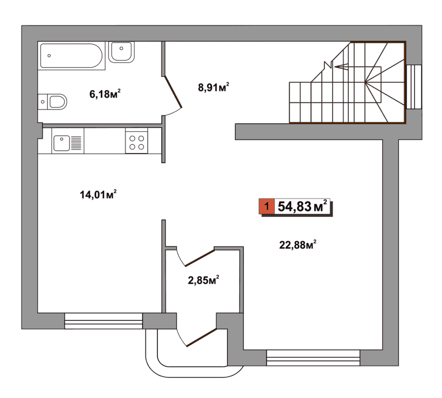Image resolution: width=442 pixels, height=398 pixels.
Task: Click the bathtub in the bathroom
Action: coord(72,56)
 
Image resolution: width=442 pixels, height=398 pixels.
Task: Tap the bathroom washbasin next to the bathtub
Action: coord(121,52)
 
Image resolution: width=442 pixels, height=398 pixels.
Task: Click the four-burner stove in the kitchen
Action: coord(137,143)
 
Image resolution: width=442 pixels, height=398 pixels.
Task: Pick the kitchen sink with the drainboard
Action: coord(68,143)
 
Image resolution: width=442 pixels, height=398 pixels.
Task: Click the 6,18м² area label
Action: coord(105,94)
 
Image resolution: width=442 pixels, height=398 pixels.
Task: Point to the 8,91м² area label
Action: coord(213,87)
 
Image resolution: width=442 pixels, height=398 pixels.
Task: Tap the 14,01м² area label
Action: coord(98,194)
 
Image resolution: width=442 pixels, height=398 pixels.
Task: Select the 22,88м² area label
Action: coord(298,245)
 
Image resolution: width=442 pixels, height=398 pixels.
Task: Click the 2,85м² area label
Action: coord(204,280)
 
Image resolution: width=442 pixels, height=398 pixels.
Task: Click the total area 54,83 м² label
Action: coord(303,206)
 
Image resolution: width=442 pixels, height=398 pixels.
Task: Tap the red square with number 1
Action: coord(266,206)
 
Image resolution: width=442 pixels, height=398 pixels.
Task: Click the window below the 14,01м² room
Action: coord(104,321)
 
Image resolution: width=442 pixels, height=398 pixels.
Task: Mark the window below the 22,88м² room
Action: coord(313,358)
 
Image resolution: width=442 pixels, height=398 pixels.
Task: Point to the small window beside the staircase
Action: coord(414,87)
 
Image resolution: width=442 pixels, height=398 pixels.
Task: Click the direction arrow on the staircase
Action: coord(341,66)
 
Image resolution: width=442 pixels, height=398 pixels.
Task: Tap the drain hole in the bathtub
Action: coord(49,56)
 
